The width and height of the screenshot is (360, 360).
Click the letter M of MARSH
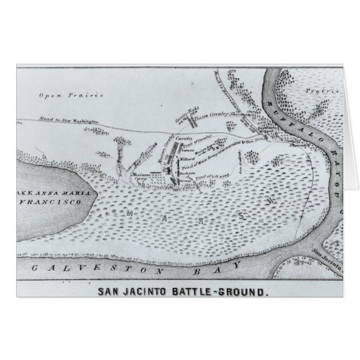(x=130, y=213)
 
